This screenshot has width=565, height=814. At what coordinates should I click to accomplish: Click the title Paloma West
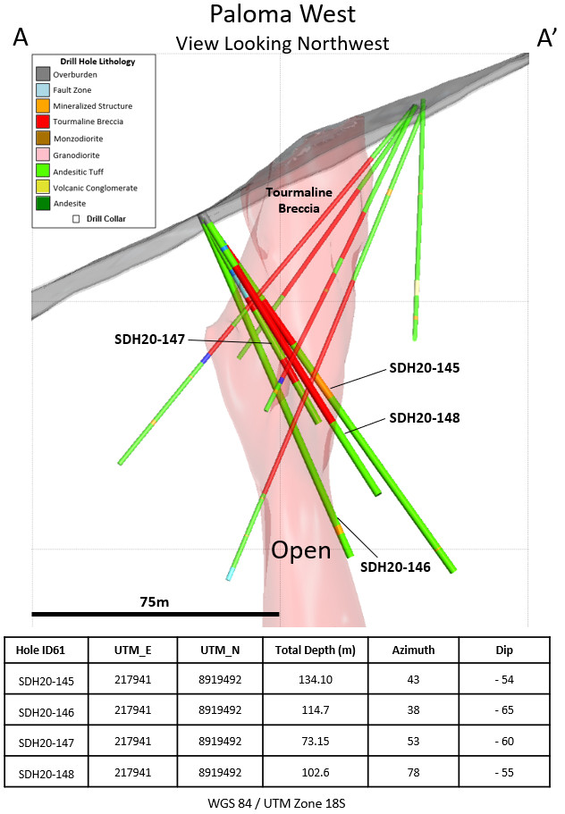tap(282, 15)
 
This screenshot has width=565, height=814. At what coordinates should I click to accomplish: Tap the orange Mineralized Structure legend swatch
tap(43, 106)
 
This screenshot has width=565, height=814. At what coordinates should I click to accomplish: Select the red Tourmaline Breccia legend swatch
tap(43, 122)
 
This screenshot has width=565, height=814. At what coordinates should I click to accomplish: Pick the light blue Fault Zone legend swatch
tap(43, 90)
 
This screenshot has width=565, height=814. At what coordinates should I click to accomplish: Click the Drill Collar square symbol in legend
tap(76, 217)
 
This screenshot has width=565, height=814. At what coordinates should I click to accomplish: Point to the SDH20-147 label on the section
tap(149, 340)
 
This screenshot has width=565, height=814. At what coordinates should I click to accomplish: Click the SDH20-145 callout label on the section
tap(424, 367)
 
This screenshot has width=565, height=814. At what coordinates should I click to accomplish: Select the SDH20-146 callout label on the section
tap(395, 566)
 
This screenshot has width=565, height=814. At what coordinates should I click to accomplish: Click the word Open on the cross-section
tap(300, 550)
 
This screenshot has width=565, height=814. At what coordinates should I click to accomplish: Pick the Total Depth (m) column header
tap(316, 650)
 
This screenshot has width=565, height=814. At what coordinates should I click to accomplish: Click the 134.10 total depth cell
tap(316, 679)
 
